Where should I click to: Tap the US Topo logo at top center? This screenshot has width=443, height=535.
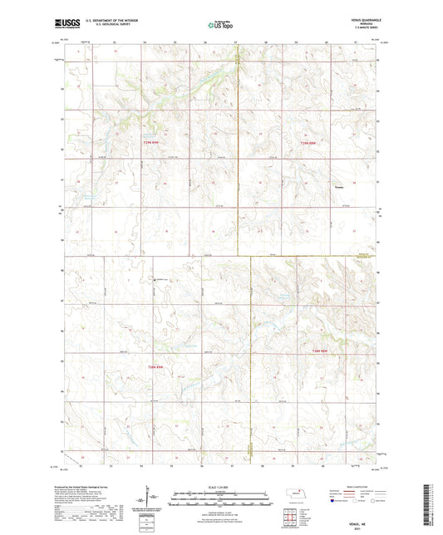click(220, 26)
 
